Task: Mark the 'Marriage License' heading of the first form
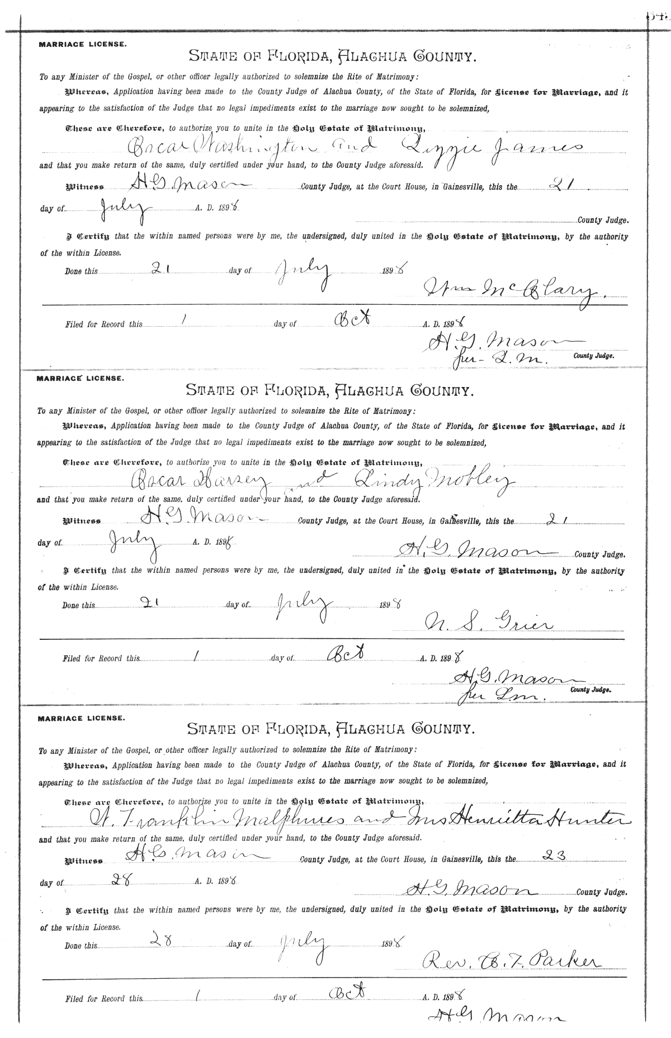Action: (x=82, y=44)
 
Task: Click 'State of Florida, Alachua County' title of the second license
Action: (x=330, y=389)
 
